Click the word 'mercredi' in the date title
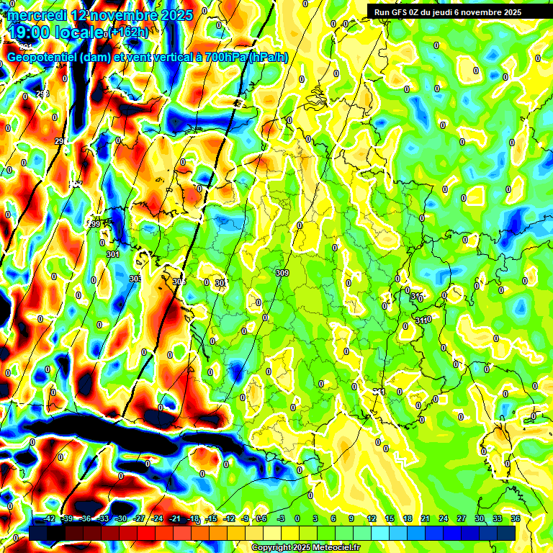pyautogui.click(x=35, y=14)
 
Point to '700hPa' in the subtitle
pyautogui.click(x=225, y=57)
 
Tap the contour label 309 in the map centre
pyautogui.click(x=282, y=273)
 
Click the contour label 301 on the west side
pyautogui.click(x=112, y=254)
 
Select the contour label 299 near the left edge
pyautogui.click(x=94, y=225)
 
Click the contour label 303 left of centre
pyautogui.click(x=135, y=278)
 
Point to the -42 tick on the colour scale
pyautogui.click(x=50, y=518)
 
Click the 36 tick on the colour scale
pyautogui.click(x=516, y=518)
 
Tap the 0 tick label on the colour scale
pyautogui.click(x=297, y=518)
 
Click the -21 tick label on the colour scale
pyautogui.click(x=175, y=518)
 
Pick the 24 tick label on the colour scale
pyautogui.click(x=444, y=518)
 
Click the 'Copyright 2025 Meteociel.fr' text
pyautogui.click(x=305, y=547)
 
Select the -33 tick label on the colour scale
pyautogui.click(x=103, y=518)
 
